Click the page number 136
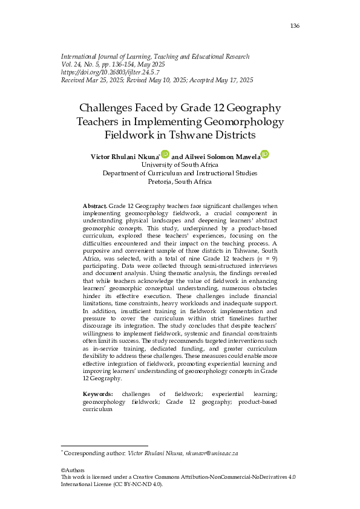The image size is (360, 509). (295, 25)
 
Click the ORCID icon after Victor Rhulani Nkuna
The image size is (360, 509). (165, 155)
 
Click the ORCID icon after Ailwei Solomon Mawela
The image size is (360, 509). (264, 155)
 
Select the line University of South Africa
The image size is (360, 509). (180, 164)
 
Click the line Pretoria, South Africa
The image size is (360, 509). (180, 181)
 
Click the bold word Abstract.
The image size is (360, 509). (94, 207)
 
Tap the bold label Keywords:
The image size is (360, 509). (97, 394)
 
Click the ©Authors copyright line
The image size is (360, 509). (73, 470)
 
